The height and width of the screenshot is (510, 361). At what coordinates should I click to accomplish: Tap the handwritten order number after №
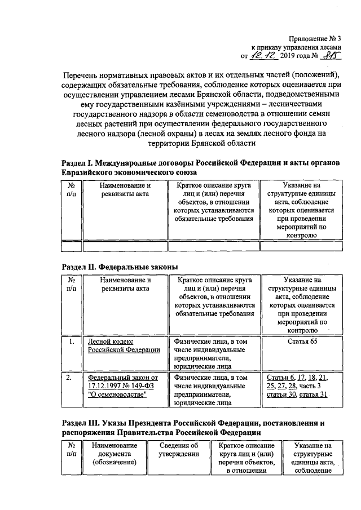click(x=332, y=55)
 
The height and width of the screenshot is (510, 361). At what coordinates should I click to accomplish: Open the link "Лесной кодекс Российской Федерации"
click(x=124, y=345)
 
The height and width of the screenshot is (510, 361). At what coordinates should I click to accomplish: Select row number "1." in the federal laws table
click(x=71, y=342)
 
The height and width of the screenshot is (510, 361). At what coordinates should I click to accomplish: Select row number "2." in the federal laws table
click(x=71, y=378)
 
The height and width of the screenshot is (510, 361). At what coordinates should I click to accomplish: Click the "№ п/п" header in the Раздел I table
click(x=72, y=189)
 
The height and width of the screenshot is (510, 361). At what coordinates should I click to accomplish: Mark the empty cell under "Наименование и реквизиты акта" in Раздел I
click(x=125, y=245)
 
